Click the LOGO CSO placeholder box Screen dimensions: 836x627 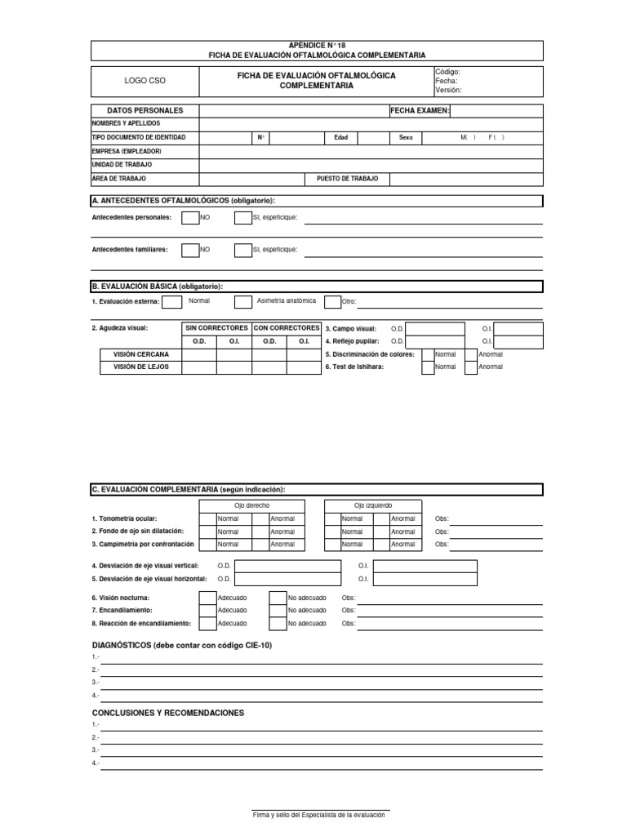pos(144,82)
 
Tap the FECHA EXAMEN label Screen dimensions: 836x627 pos(420,110)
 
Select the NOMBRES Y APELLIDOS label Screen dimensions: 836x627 pos(126,123)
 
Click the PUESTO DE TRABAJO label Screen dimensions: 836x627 pos(347,178)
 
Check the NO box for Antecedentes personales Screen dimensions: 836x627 pos(189,218)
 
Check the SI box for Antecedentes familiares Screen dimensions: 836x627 pos(242,251)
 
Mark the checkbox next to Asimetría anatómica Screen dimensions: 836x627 pos(242,302)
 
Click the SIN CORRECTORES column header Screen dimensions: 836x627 pos(216,328)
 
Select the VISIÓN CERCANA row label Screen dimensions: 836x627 pos(136,354)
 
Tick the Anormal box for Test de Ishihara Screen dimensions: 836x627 pos(470,367)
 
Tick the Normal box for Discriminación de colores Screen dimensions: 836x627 pos(428,354)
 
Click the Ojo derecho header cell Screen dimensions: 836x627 pos(251,506)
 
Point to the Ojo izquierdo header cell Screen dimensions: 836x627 pos(373,506)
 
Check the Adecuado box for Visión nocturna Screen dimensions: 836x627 pos(207,598)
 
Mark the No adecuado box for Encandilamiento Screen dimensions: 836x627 pos(278,611)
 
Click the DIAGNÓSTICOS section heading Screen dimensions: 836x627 pos(181,646)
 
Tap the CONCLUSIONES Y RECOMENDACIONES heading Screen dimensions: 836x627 pos(168,713)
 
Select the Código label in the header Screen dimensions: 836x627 pos(448,73)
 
